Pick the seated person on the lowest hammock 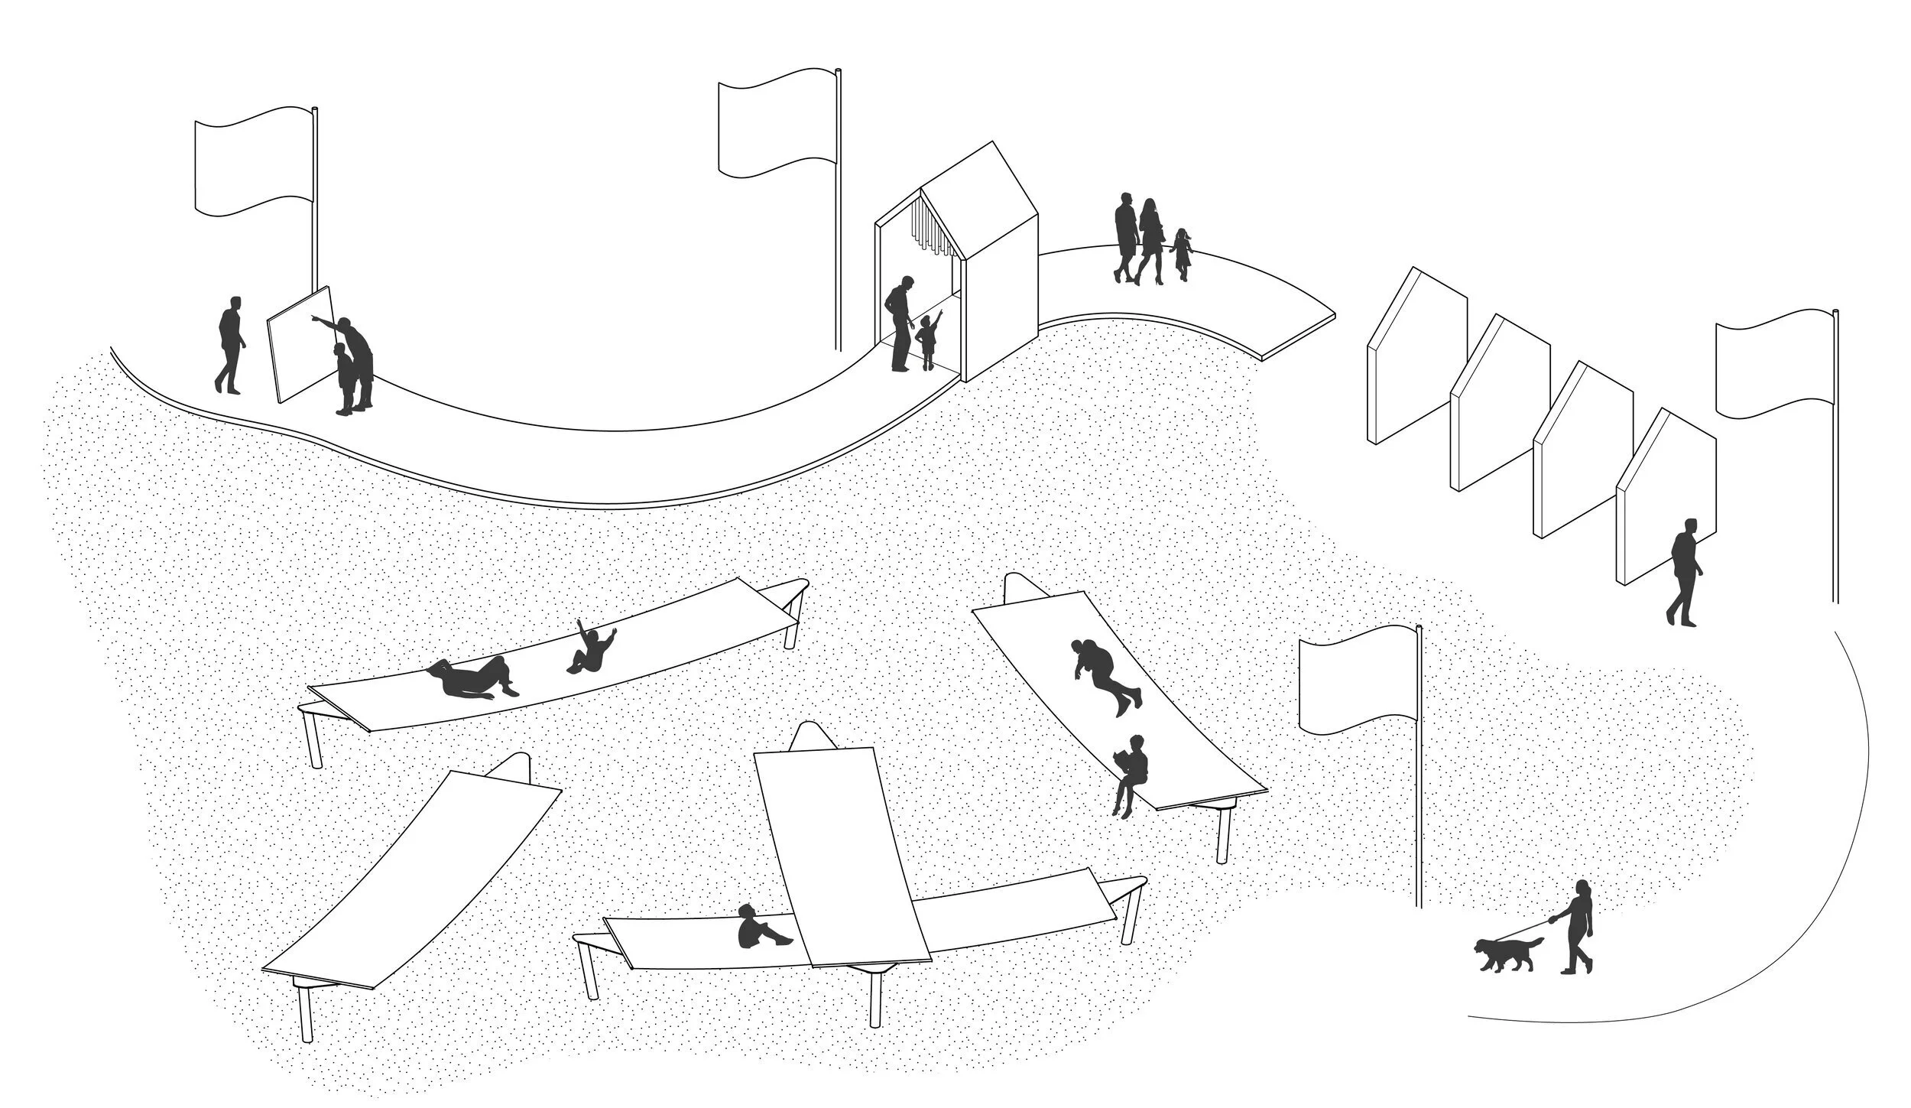click(x=757, y=929)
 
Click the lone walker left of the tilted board click(x=230, y=344)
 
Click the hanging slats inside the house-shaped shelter click(x=936, y=229)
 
